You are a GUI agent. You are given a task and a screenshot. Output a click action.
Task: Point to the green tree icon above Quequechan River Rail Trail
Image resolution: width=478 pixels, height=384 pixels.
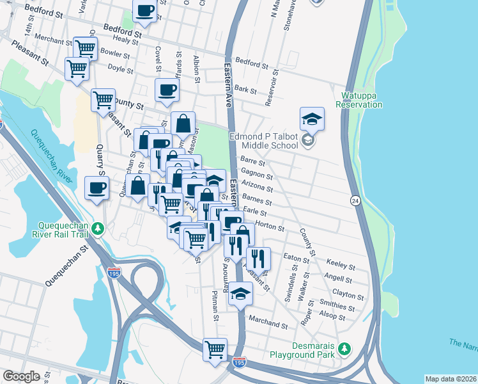[x=98, y=228]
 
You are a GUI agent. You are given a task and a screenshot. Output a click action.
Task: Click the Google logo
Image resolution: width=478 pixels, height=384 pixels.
[x=21, y=376]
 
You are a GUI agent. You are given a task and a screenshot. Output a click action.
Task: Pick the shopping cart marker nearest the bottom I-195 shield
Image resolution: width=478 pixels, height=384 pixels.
[x=215, y=349]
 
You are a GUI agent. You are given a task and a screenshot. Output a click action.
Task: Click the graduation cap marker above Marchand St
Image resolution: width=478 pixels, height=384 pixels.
[x=240, y=293]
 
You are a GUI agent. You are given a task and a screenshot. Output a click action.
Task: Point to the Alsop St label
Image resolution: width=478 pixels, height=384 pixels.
[x=332, y=316]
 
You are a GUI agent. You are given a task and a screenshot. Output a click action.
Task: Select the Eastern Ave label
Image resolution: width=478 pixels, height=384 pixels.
[x=227, y=84]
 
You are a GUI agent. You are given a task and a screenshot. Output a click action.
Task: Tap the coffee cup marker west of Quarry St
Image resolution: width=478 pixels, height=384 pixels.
[x=96, y=188]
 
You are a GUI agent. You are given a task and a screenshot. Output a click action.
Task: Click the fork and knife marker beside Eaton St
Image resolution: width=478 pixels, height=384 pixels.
[x=258, y=258]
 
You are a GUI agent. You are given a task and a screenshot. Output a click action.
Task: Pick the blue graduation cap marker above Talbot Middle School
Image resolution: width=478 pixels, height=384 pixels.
[x=312, y=118]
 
